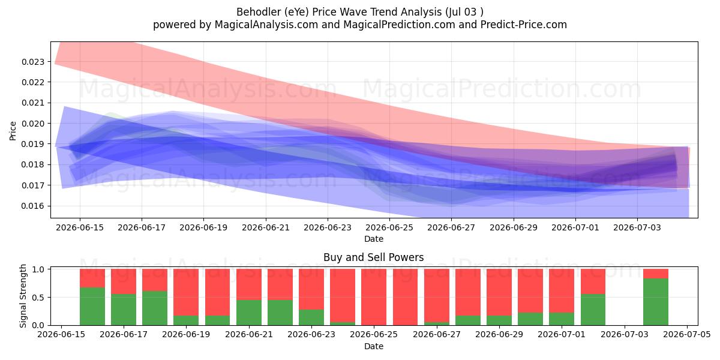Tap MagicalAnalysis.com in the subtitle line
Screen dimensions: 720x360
pyautogui.click(x=266, y=25)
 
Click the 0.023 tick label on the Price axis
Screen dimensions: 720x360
pyautogui.click(x=33, y=62)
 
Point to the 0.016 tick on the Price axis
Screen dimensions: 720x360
pyautogui.click(x=33, y=206)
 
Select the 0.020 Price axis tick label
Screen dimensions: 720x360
pyautogui.click(x=33, y=124)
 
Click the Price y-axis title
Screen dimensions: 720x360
pyautogui.click(x=13, y=131)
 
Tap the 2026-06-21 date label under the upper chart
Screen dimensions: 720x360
pyautogui.click(x=265, y=228)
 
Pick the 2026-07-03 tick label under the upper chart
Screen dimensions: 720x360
pyautogui.click(x=637, y=228)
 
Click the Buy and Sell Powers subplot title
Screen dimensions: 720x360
pyautogui.click(x=373, y=257)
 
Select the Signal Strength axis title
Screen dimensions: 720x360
pyautogui.click(x=23, y=296)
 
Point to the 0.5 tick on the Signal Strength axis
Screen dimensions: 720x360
pyautogui.click(x=38, y=298)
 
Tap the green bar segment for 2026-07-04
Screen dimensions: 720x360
pyautogui.click(x=656, y=302)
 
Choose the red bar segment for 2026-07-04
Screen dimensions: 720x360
pyautogui.click(x=656, y=274)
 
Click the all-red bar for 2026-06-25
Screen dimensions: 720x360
pyautogui.click(x=373, y=297)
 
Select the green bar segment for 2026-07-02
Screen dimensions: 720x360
pyautogui.click(x=593, y=310)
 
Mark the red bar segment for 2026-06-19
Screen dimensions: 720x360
pyautogui.click(x=186, y=292)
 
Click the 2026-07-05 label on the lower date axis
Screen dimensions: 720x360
pyautogui.click(x=687, y=335)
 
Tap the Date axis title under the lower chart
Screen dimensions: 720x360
pyautogui.click(x=373, y=347)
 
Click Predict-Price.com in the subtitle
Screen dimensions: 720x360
pyautogui.click(x=524, y=25)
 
